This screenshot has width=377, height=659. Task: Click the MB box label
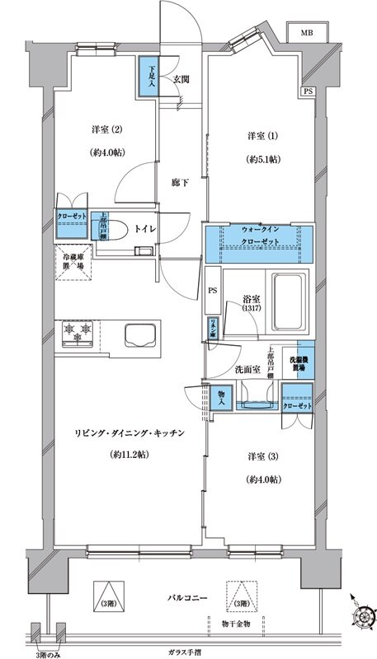(306, 33)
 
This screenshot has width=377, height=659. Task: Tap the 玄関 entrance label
(181, 79)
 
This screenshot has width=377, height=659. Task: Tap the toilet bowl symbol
(118, 230)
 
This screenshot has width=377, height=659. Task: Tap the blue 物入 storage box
(220, 397)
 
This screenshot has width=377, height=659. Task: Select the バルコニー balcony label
(187, 596)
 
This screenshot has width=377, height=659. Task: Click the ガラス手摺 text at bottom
(192, 650)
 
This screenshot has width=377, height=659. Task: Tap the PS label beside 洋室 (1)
(308, 91)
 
